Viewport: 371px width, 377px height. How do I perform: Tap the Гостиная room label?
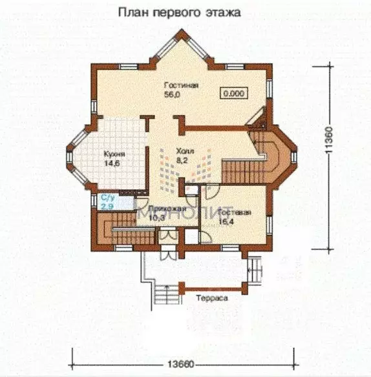tap(180, 85)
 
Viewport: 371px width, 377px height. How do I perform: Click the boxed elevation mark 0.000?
tap(233, 93)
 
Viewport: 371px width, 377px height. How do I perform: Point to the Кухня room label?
tap(114, 154)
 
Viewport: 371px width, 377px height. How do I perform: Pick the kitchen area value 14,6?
tap(112, 163)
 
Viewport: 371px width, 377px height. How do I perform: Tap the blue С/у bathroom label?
tap(107, 197)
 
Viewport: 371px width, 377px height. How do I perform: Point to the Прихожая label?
tap(160, 210)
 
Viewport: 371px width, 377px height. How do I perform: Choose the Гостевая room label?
tap(233, 212)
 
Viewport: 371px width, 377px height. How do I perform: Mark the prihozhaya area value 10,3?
tap(156, 219)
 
